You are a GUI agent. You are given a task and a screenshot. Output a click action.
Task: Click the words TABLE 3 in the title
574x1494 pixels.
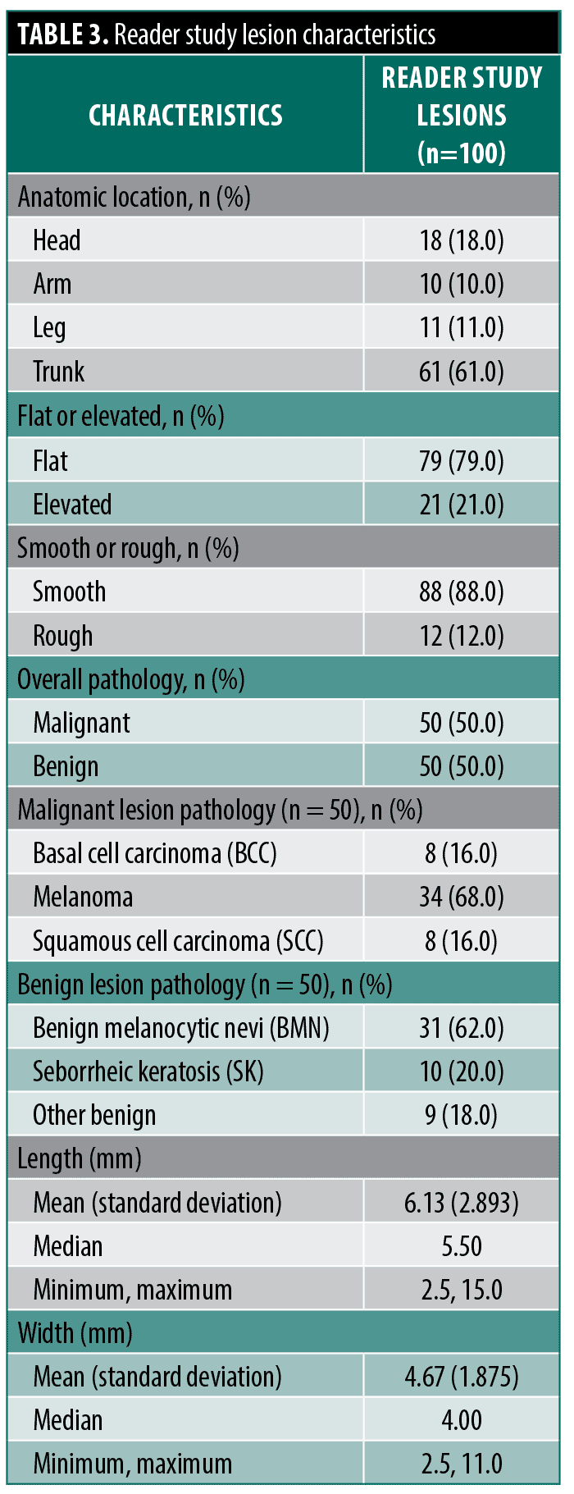(x=62, y=34)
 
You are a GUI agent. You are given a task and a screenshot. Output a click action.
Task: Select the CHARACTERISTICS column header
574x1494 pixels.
(x=185, y=115)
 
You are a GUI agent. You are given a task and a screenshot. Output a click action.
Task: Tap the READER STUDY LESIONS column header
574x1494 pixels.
(x=462, y=115)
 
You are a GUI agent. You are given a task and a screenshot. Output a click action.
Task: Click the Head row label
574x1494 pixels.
(x=57, y=240)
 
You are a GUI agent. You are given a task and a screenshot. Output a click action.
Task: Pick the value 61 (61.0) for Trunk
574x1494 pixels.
(x=462, y=372)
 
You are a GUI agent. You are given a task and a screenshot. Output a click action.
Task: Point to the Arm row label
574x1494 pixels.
(x=52, y=284)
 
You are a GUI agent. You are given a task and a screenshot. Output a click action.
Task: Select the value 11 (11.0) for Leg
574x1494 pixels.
(x=462, y=327)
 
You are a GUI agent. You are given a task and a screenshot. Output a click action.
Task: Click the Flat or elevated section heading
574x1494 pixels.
(x=121, y=416)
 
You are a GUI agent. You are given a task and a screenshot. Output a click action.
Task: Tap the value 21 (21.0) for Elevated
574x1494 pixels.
(x=462, y=505)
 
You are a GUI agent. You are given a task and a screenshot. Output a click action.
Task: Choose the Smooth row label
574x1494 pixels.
(x=69, y=592)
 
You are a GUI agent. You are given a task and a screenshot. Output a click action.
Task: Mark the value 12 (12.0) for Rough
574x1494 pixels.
(x=462, y=636)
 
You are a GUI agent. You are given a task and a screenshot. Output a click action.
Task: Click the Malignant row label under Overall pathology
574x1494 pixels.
(x=81, y=723)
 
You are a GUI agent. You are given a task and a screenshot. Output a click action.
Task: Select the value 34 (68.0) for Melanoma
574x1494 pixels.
(x=462, y=897)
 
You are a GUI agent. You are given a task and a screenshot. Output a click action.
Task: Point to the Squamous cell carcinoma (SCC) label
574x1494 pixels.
(x=178, y=941)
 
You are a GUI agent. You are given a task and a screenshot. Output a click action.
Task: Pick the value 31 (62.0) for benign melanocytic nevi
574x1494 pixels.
(x=462, y=1028)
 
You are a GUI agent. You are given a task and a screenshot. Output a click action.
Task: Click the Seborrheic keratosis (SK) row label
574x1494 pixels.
(x=148, y=1071)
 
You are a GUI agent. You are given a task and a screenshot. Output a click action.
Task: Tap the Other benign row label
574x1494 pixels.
(x=94, y=1115)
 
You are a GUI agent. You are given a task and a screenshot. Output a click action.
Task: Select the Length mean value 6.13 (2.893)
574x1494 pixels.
(x=462, y=1203)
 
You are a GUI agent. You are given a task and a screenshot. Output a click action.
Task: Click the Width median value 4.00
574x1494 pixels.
(x=462, y=1420)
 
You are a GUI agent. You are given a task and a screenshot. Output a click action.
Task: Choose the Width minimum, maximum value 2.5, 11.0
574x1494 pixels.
(x=462, y=1464)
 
